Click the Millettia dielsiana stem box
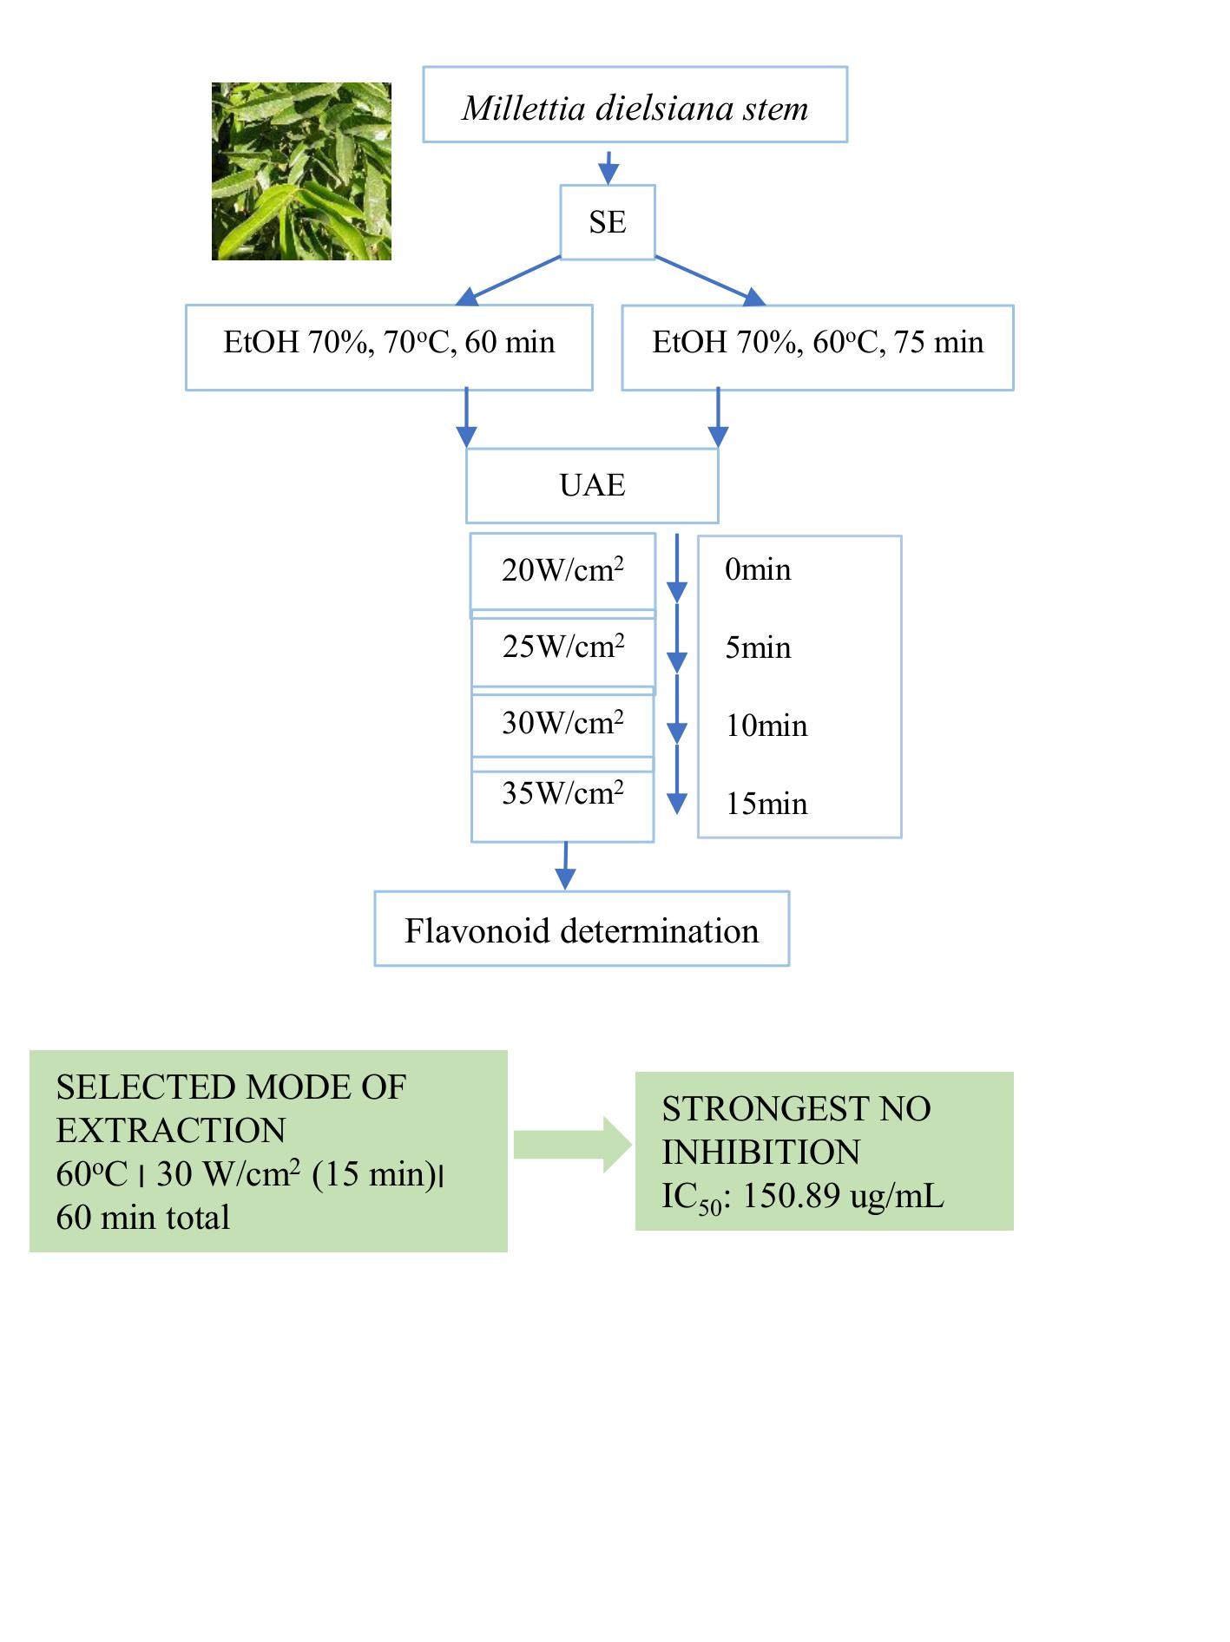coord(635,104)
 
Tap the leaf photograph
coord(301,171)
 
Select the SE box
coord(608,222)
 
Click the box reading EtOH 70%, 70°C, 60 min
coord(389,347)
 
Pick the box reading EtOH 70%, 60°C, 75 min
coord(818,347)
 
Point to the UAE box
coord(592,485)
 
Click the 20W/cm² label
coord(562,569)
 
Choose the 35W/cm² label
coord(562,792)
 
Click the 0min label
coord(758,569)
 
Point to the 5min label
coord(758,647)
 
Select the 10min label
coord(766,726)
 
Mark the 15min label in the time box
coord(766,804)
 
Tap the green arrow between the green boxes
coord(573,1145)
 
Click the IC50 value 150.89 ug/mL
coord(843,1196)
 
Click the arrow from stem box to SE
coord(609,167)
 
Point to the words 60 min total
coord(143,1218)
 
